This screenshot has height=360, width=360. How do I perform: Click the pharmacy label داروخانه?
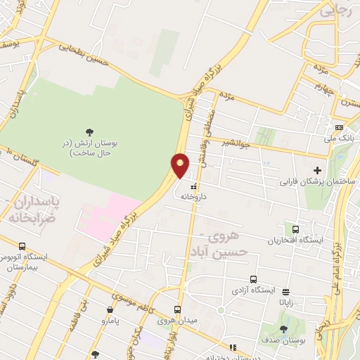pyautogui.click(x=197, y=198)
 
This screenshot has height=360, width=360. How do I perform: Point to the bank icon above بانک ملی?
pyautogui.click(x=340, y=127)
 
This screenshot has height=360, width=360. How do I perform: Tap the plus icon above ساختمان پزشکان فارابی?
pyautogui.click(x=317, y=169)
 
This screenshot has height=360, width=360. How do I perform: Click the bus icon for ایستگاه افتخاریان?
pyautogui.click(x=295, y=229)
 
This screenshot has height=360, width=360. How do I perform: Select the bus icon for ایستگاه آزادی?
pyautogui.click(x=253, y=279)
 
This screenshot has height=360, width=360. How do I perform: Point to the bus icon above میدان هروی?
pyautogui.click(x=178, y=309)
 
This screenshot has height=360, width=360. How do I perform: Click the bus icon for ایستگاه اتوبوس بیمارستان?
pyautogui.click(x=22, y=247)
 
